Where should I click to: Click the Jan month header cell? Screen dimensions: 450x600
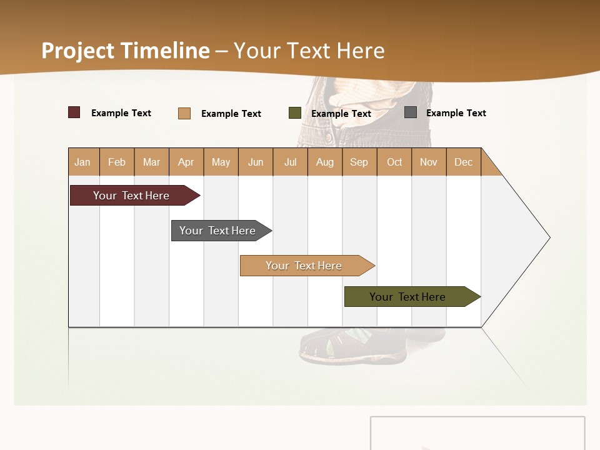pos(83,162)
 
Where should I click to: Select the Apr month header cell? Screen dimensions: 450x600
pos(186,162)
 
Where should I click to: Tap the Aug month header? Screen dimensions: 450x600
pos(325,162)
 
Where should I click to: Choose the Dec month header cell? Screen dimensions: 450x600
pos(463,162)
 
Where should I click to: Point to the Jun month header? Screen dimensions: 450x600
pos(256,162)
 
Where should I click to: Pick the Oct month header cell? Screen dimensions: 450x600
pos(394,162)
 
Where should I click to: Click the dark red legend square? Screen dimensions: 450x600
pos(74,112)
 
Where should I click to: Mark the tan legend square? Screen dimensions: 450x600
pos(184,113)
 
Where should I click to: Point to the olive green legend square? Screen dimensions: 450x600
pos(295,113)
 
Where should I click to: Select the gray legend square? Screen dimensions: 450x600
pos(411,112)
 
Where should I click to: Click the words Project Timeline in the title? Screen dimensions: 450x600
pos(126,51)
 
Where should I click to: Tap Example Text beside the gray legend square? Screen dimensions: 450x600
pos(456,113)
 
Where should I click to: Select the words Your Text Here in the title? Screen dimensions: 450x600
pos(309,51)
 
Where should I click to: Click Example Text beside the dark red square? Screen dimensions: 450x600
pos(121,113)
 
